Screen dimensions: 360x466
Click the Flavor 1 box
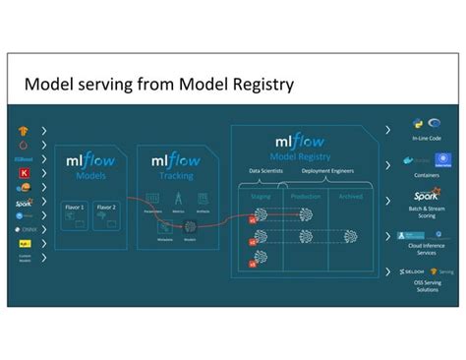click(x=76, y=209)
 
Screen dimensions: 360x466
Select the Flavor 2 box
click(x=105, y=209)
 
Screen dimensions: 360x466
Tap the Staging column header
click(x=261, y=197)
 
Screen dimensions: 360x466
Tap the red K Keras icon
click(x=23, y=171)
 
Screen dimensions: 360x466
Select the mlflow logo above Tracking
click(x=174, y=159)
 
